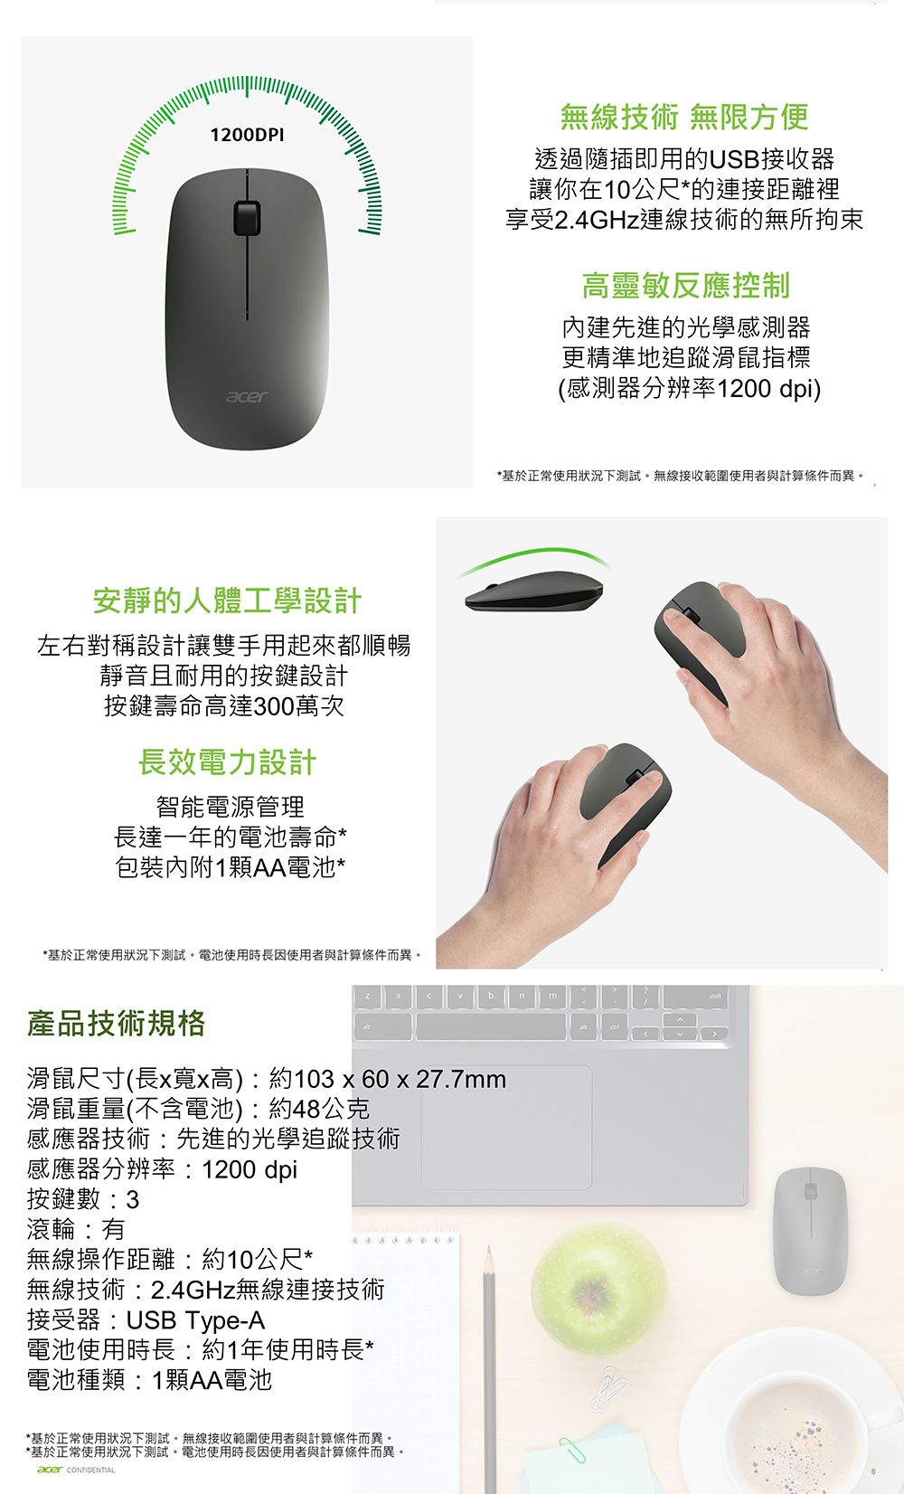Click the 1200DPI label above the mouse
[x=246, y=135]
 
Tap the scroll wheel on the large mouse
[x=245, y=217]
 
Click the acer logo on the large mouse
[x=246, y=397]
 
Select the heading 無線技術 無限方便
[x=683, y=117]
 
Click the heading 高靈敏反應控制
[x=685, y=286]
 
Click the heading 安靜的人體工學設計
[x=227, y=600]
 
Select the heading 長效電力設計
[x=227, y=762]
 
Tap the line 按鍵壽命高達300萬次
[x=224, y=705]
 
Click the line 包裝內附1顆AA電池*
[x=230, y=867]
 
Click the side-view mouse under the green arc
[x=533, y=592]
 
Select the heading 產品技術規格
[x=117, y=1024]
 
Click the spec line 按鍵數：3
[x=83, y=1199]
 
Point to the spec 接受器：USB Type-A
[x=146, y=1320]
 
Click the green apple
[x=598, y=1288]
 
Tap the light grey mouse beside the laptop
[x=810, y=1230]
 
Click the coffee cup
[x=796, y=1420]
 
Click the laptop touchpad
[x=506, y=1127]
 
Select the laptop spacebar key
[x=492, y=1026]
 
